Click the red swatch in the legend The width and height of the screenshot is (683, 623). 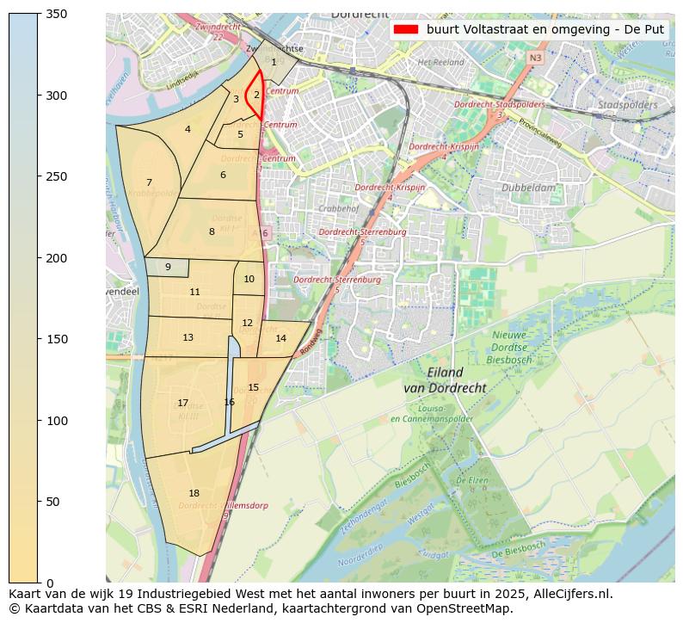coord(405,28)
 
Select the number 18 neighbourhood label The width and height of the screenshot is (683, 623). coord(194,493)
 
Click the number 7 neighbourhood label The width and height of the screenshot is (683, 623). coord(149,182)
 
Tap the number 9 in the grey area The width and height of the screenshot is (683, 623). coord(168,267)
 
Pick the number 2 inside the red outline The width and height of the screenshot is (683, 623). coord(256,95)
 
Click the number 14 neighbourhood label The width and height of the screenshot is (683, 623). coord(280,338)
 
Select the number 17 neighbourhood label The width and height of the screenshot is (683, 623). coord(182,403)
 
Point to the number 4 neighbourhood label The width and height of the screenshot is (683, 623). coord(188,130)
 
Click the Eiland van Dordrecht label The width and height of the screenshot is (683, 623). coord(445,380)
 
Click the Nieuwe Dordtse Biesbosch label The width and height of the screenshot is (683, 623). coord(514,348)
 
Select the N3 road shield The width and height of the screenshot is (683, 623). coord(535,58)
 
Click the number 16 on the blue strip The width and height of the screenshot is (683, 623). coord(229,402)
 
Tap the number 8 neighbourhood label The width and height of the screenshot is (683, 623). coord(212,231)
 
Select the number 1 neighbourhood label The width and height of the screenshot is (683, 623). coord(274,62)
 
